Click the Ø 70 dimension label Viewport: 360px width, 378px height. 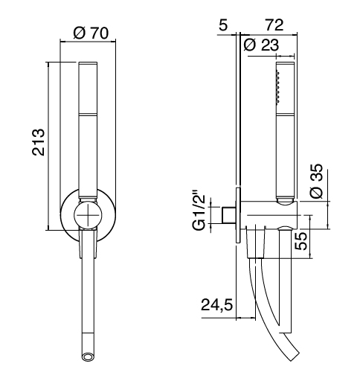click(x=91, y=33)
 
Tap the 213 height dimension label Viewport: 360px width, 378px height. click(x=39, y=142)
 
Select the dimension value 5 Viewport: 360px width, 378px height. click(x=223, y=25)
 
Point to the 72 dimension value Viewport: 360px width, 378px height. click(x=274, y=25)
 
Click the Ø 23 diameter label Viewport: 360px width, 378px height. click(x=261, y=45)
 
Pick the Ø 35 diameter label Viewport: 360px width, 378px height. click(x=317, y=181)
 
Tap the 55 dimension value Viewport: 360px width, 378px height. click(x=301, y=241)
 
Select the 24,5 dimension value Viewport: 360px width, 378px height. click(x=216, y=305)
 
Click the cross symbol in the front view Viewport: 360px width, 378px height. click(x=88, y=215)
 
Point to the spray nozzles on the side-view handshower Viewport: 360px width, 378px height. click(x=278, y=86)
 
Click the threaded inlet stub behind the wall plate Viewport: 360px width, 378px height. click(x=228, y=214)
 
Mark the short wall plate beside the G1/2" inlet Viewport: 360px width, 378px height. click(x=238, y=215)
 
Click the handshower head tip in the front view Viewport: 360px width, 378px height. click(x=88, y=63)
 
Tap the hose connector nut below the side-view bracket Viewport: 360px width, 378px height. click(x=255, y=242)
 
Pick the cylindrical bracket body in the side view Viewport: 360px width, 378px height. click(x=269, y=215)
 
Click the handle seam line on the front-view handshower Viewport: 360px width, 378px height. click(x=88, y=115)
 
